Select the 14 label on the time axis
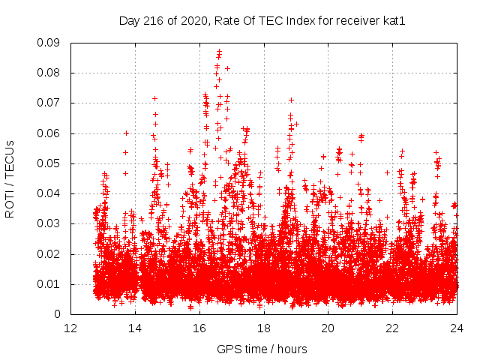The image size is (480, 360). click(x=136, y=328)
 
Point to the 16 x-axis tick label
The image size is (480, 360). click(x=199, y=328)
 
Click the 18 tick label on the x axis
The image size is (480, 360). click(x=264, y=328)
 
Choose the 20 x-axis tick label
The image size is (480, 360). click(x=328, y=328)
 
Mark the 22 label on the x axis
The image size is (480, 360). click(x=393, y=328)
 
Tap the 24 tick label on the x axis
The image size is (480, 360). click(x=457, y=328)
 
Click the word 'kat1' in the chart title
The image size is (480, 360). click(x=394, y=20)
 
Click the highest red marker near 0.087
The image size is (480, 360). click(x=219, y=52)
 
